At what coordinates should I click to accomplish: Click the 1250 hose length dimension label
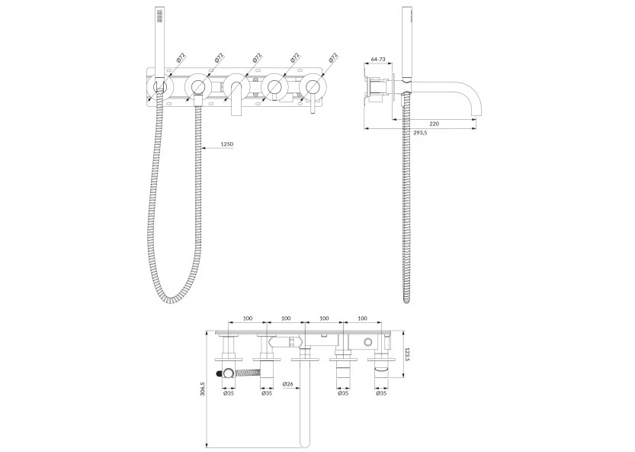[x=227, y=144]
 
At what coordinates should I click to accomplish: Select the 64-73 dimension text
[x=378, y=60]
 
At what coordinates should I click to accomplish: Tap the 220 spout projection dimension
[x=434, y=124]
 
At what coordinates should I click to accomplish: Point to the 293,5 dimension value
[x=420, y=133]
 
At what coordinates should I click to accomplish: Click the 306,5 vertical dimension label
[x=203, y=389]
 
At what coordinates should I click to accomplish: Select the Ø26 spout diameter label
[x=288, y=384]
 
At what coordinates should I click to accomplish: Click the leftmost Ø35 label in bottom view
[x=229, y=393]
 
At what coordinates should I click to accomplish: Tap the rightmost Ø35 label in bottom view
[x=381, y=393]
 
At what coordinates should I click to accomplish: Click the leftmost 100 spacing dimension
[x=248, y=318]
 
